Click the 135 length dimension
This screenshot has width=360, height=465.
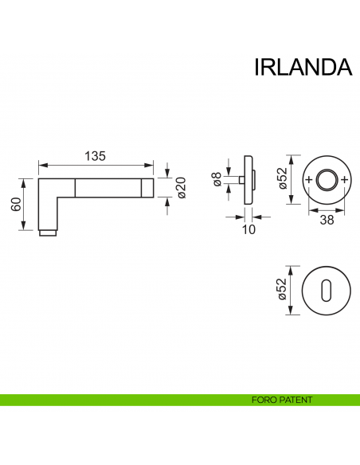(95, 156)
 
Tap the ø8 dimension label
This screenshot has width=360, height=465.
(216, 181)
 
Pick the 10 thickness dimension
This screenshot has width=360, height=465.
(248, 229)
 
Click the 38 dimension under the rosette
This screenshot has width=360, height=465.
(327, 220)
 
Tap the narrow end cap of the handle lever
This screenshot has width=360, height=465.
(148, 187)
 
